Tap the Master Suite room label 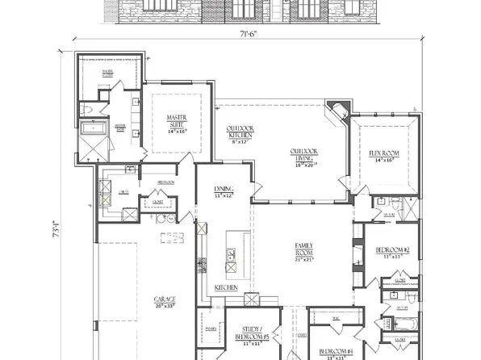pyautogui.click(x=177, y=122)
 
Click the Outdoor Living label pyautogui.click(x=304, y=156)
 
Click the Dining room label pyautogui.click(x=224, y=190)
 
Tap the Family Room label pyautogui.click(x=303, y=250)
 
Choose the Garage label pyautogui.click(x=165, y=303)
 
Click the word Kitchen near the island pyautogui.click(x=226, y=287)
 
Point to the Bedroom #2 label pyautogui.click(x=392, y=253)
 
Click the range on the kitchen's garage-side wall pyautogui.click(x=203, y=266)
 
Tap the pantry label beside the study pyautogui.click(x=211, y=329)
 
